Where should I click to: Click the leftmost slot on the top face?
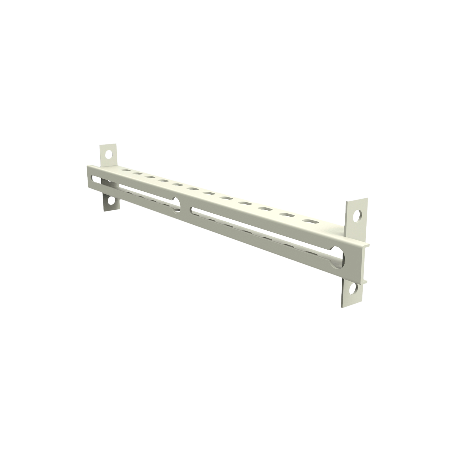coord(124,170)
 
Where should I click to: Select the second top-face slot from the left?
coord(137,173)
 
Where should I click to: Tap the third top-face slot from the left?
coord(150,177)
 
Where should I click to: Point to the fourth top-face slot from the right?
coord(244,203)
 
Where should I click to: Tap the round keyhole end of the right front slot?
coord(337,257)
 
